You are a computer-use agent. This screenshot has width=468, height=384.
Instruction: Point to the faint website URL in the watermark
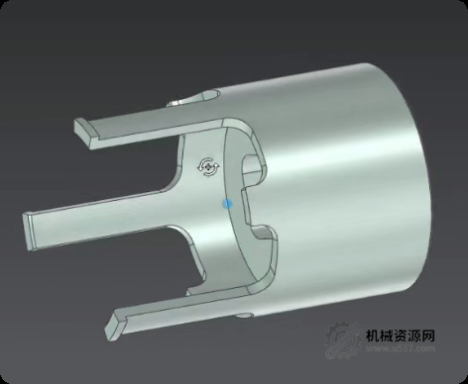tap(402, 349)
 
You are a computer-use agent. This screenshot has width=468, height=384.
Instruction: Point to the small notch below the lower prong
tap(244, 316)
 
